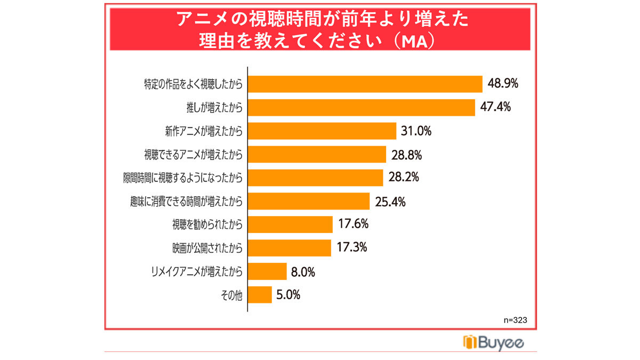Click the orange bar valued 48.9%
pos(365,84)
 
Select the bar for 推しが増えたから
pos(362,108)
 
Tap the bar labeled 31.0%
pos(322,131)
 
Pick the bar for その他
pos(260,295)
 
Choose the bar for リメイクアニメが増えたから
pos(267,271)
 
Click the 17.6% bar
pos(290,225)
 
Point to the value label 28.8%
pos(406,155)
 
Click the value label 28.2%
pos(404,177)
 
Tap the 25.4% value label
pos(390,202)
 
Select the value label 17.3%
pos(352,247)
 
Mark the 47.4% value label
pos(495,107)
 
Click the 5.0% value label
pos(289,294)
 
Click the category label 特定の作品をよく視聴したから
pos(193,84)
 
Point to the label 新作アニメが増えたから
pos(204,131)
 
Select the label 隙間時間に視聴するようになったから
pos(183,178)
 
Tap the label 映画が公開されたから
pos(207,248)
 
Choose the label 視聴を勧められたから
pos(207,225)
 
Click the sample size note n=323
pos(515,320)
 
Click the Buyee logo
pos(493,342)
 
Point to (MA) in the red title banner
pos(414,42)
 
